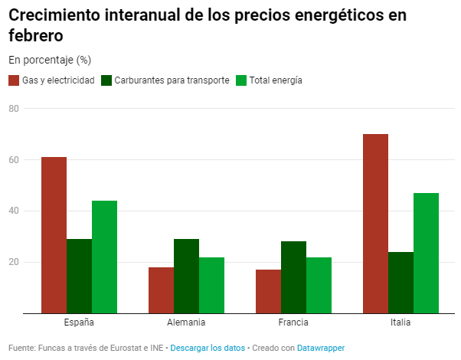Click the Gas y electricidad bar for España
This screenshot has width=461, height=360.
[x=54, y=234]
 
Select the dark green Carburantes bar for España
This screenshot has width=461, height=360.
[x=79, y=276]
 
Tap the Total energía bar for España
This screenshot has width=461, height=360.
[x=104, y=257]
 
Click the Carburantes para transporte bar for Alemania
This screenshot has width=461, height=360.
[x=186, y=276]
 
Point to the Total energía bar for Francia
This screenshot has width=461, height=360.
[x=319, y=285]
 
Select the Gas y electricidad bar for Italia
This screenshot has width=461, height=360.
[x=375, y=224]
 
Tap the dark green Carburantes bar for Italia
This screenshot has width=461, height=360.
[x=401, y=282]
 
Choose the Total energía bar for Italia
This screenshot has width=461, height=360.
[x=426, y=253]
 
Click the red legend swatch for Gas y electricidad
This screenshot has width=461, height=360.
[x=14, y=80]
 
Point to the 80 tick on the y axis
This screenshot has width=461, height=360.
[x=14, y=109]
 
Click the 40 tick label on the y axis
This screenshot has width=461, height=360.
[x=14, y=211]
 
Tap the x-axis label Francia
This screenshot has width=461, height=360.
[x=293, y=322]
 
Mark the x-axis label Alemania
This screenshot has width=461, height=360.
[x=186, y=322]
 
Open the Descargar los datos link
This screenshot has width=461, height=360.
[x=208, y=348]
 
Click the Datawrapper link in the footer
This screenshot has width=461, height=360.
[x=321, y=348]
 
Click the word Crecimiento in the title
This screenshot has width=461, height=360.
[x=54, y=15]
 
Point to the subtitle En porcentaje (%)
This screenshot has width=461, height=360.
[x=50, y=60]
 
